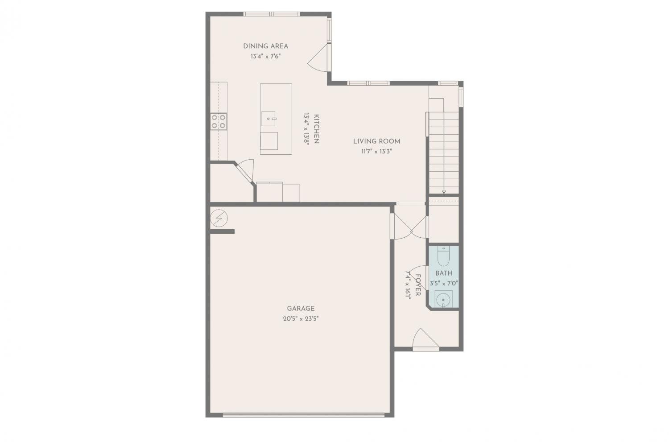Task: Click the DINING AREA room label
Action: (265, 46)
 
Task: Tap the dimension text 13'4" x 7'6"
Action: (265, 56)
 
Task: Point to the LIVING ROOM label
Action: (376, 141)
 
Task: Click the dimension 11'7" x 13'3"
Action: (376, 152)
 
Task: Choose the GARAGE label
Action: (301, 308)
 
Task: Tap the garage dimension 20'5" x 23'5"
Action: (301, 318)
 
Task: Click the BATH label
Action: (444, 273)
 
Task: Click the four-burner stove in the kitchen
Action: (219, 122)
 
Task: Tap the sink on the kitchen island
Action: (268, 119)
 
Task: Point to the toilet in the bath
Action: (443, 256)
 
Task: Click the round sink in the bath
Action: (443, 299)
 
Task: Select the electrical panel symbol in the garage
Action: (219, 219)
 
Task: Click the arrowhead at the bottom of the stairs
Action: (444, 192)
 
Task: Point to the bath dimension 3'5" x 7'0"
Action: (444, 283)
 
